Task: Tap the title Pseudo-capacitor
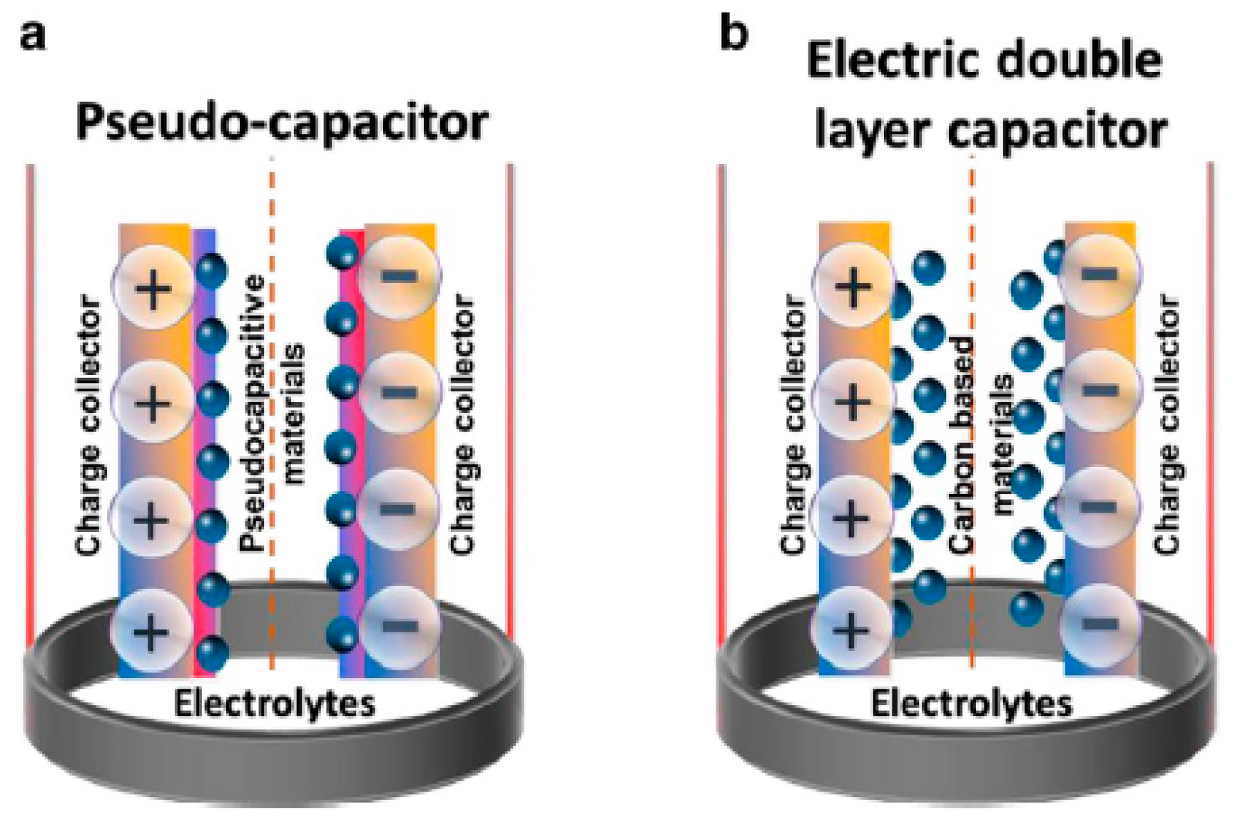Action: coord(282,122)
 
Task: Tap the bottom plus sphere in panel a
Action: coord(151,630)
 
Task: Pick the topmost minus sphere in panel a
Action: coord(400,275)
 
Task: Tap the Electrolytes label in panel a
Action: coord(275,704)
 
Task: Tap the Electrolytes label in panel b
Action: coord(972,704)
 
